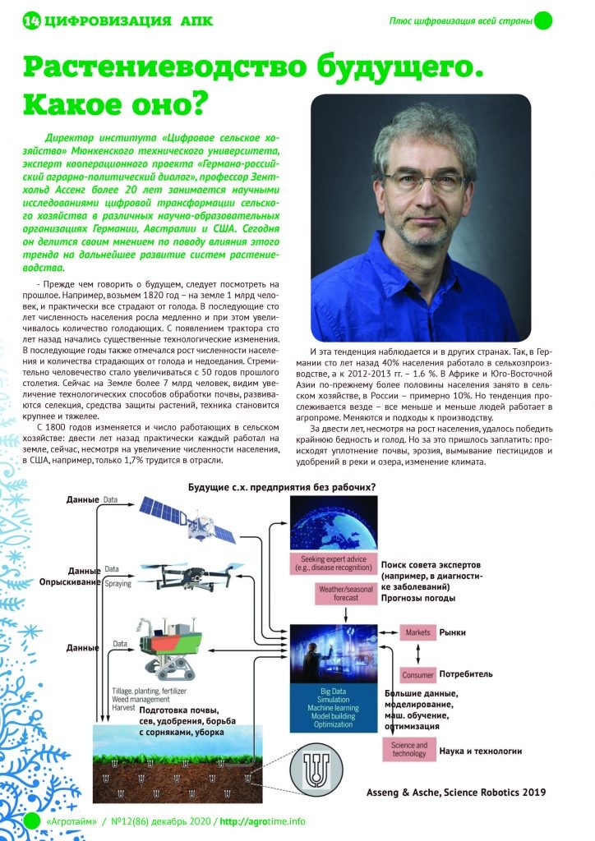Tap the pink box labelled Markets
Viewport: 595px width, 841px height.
[x=417, y=632]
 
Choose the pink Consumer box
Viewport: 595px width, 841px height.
[x=417, y=674]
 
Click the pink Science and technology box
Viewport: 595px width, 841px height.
[x=408, y=749]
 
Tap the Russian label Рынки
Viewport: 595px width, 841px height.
[x=453, y=632]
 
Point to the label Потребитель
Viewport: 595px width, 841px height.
[x=466, y=674]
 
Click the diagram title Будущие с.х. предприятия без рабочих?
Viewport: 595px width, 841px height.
[x=282, y=487]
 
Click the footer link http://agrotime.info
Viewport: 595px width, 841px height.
[x=262, y=821]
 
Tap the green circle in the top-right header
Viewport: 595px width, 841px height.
[x=543, y=21]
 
